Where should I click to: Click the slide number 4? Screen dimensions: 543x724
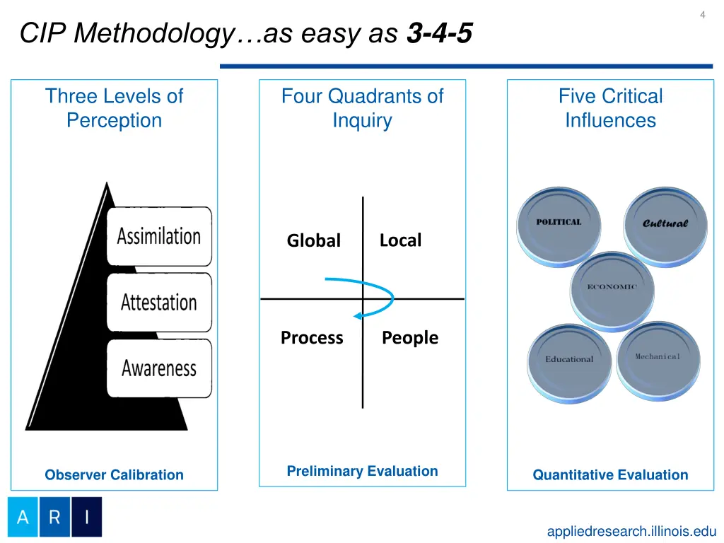pos(702,15)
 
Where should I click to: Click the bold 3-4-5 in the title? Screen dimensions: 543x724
pos(439,33)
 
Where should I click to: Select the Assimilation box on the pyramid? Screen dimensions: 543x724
pos(159,236)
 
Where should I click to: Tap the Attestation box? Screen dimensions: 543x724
pos(159,303)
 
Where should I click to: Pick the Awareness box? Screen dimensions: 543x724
pos(159,368)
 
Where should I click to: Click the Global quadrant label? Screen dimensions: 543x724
pos(313,241)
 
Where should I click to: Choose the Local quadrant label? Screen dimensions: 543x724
pos(400,240)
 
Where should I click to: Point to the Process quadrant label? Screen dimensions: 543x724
pos(312,338)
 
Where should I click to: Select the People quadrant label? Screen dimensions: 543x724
pos(410,338)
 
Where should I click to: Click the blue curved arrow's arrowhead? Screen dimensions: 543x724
pos(358,315)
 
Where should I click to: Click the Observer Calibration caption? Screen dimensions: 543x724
pos(114,475)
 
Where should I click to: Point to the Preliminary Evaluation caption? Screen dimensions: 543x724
pos(362,471)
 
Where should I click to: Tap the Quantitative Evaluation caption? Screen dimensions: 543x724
pos(610,475)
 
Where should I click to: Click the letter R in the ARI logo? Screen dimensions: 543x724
pos(54,517)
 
